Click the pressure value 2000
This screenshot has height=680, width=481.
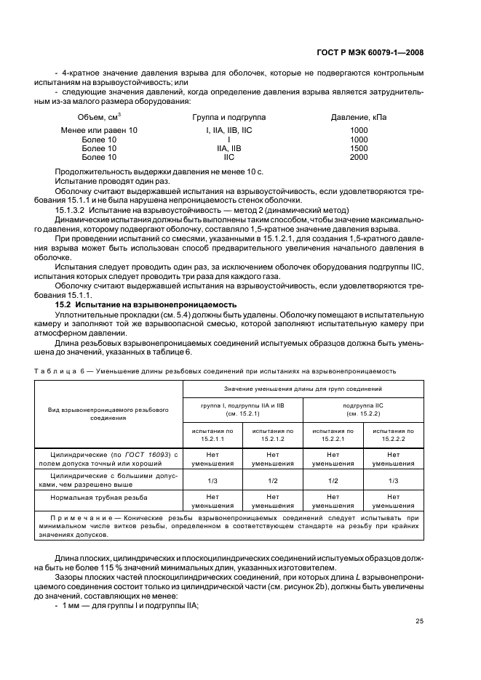(359, 157)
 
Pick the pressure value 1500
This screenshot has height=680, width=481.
(359, 148)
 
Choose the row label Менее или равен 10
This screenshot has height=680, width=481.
(99, 131)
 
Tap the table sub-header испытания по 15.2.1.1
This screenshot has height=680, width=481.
(212, 434)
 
